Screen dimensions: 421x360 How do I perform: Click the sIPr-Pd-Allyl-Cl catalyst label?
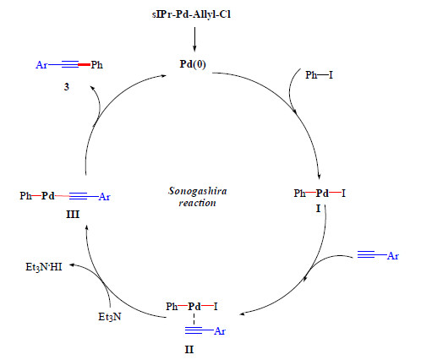(191, 14)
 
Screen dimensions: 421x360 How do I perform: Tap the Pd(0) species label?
(193, 64)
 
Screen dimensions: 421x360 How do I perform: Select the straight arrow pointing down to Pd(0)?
(194, 39)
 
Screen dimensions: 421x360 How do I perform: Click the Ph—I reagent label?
(319, 75)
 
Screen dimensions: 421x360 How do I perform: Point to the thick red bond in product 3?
(84, 65)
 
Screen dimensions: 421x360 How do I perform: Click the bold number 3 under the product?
(67, 87)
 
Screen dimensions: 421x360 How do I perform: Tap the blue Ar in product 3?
(41, 65)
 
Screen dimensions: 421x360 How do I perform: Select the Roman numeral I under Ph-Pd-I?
(319, 209)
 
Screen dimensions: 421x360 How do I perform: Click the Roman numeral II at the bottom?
(189, 350)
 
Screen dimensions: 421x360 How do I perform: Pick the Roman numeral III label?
(73, 215)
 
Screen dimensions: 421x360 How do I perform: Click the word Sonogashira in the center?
(198, 191)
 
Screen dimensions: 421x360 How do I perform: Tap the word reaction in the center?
(197, 203)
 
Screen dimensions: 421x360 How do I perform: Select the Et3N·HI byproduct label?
(44, 267)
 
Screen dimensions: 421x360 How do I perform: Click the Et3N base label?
(110, 317)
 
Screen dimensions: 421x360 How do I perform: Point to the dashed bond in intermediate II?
(194, 319)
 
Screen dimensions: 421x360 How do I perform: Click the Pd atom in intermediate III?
(48, 195)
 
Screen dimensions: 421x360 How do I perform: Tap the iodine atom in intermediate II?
(216, 306)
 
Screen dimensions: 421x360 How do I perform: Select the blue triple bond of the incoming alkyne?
(366, 254)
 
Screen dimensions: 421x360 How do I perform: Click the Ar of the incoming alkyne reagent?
(393, 256)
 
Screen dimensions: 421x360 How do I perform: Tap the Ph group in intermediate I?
(299, 194)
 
